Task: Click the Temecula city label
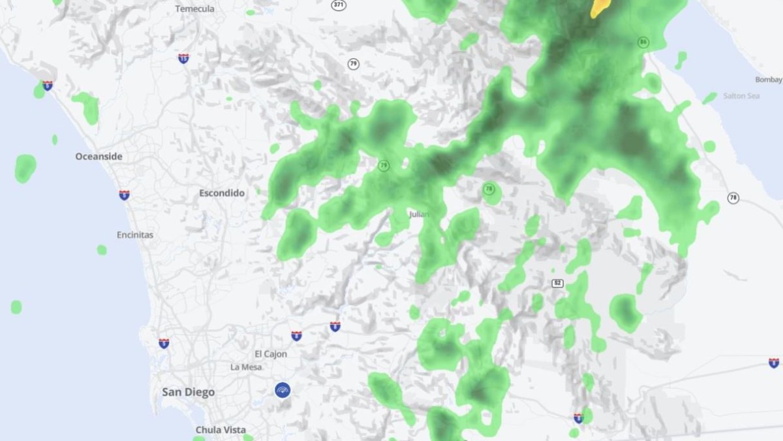click(x=194, y=9)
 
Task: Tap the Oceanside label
click(x=99, y=156)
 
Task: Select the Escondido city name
click(x=222, y=193)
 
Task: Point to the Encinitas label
click(x=135, y=235)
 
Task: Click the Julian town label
click(x=419, y=214)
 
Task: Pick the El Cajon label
click(x=271, y=354)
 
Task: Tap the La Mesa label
click(x=246, y=367)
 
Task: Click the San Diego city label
click(x=188, y=392)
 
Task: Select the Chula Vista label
click(x=221, y=430)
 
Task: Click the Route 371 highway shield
click(x=338, y=5)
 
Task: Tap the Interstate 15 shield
click(x=183, y=59)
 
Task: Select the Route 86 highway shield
click(x=643, y=42)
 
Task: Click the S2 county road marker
click(x=557, y=283)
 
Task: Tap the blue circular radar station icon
click(x=283, y=390)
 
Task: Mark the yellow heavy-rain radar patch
click(x=600, y=8)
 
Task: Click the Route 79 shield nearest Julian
click(x=384, y=166)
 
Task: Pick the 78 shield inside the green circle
click(x=489, y=189)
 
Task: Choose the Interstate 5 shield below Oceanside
click(x=124, y=195)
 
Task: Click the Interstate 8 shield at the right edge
click(x=774, y=363)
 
